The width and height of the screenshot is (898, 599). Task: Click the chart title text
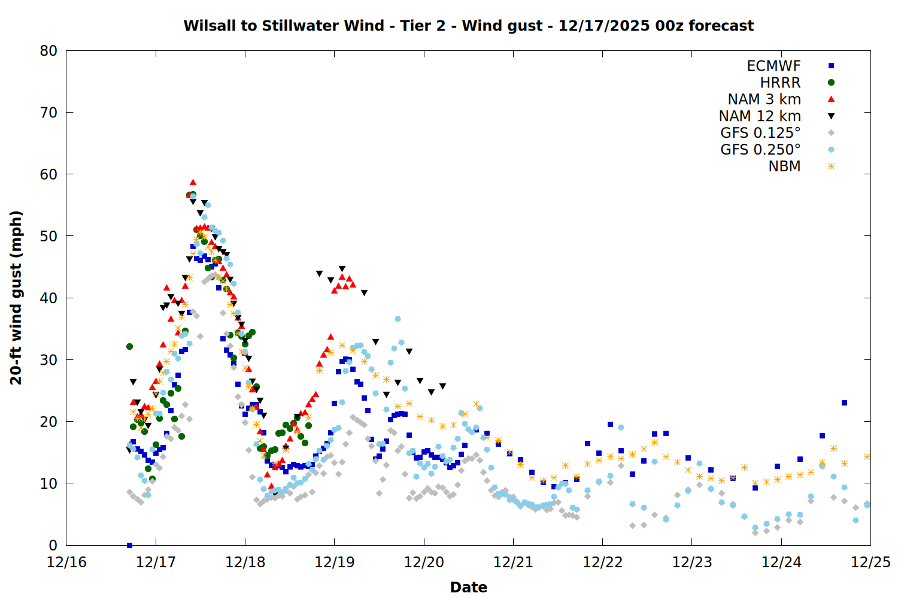point(468,26)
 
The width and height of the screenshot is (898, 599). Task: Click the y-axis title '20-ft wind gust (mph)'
point(16,298)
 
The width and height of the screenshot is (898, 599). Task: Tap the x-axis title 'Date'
point(468,587)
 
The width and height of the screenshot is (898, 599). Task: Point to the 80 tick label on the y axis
point(48,51)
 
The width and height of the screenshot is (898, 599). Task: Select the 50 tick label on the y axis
point(48,236)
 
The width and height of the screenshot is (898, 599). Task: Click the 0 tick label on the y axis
point(53,545)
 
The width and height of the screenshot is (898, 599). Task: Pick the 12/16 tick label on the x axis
point(66,562)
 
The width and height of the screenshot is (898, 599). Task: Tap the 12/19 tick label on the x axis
point(335,562)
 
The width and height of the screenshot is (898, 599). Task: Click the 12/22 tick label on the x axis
point(603,562)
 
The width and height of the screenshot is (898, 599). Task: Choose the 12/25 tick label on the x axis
point(870,562)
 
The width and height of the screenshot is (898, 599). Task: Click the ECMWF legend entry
point(773,66)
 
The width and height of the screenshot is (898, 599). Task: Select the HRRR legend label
point(780,83)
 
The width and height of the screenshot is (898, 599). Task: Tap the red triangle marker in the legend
point(831,99)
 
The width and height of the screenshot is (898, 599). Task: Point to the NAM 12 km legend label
point(760,116)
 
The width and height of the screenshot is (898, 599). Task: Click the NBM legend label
point(784,167)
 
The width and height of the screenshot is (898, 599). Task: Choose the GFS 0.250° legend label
point(760,150)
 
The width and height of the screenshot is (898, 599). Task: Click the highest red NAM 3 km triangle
point(193,182)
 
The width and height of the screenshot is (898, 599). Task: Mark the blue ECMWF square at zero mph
point(129,545)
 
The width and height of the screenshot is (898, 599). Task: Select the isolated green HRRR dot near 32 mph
point(129,346)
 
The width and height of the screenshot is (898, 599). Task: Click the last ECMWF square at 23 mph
point(844,403)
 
